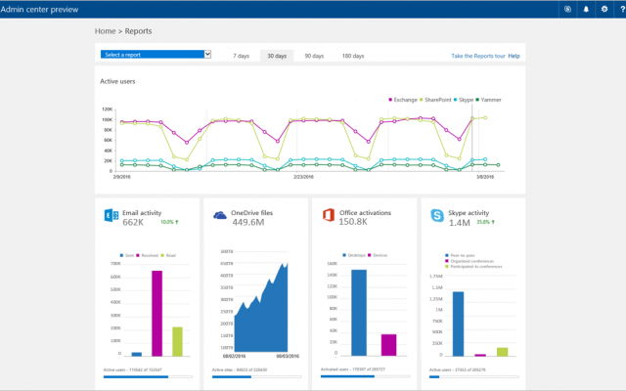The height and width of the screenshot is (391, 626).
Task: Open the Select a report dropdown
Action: tap(156, 55)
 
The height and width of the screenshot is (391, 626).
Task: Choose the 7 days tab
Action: tap(241, 56)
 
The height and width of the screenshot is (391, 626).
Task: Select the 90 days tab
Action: tap(314, 56)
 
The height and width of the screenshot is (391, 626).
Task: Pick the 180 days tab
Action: tap(352, 56)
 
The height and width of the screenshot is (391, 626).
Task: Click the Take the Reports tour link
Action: tap(477, 56)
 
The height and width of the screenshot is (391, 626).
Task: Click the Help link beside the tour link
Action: tap(514, 56)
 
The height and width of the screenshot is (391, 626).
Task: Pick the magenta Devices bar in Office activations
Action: tap(388, 344)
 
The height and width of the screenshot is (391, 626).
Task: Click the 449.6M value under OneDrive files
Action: tap(249, 222)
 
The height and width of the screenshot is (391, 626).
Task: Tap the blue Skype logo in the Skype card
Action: tap(437, 215)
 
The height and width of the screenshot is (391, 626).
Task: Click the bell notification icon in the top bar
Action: tap(587, 9)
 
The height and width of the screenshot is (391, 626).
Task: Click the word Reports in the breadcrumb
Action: tap(138, 31)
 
